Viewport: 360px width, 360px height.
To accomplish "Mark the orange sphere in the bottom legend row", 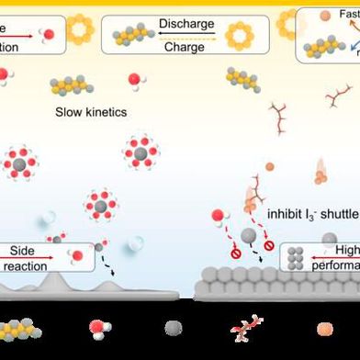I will [323, 328].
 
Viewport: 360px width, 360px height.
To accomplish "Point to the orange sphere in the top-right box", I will [324, 17].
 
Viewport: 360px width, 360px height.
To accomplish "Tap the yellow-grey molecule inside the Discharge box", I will [134, 35].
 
